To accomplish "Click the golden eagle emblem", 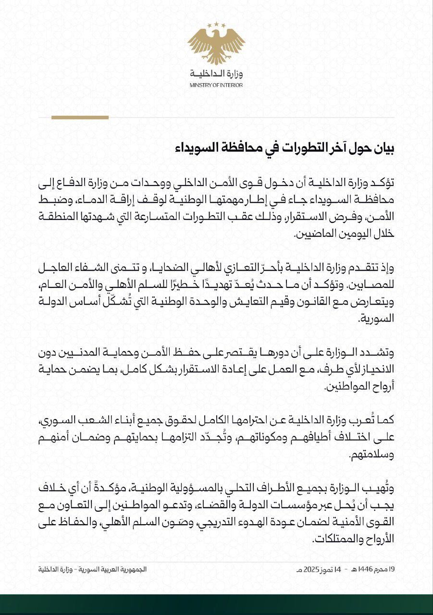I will pos(216,46).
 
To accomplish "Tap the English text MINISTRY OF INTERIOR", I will pos(216,85).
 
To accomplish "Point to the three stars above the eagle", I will pos(216,24).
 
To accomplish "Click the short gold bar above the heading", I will pos(80,117).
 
